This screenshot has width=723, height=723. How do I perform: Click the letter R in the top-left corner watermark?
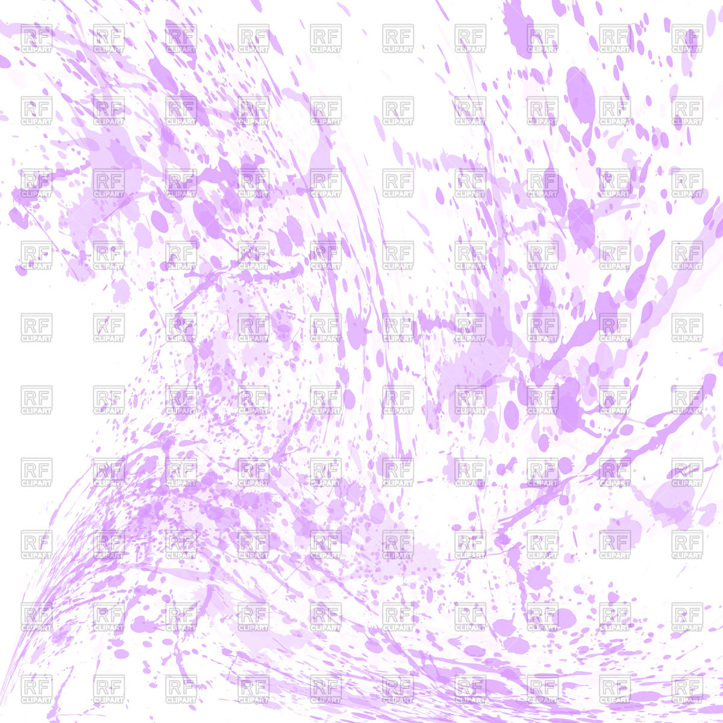click(29, 34)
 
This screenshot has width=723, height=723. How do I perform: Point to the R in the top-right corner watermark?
click(680, 34)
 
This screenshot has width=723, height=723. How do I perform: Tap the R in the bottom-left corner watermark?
click(29, 685)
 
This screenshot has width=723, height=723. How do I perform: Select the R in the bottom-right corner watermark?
click(680, 685)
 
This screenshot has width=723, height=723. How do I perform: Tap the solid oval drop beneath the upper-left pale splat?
click(160, 221)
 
